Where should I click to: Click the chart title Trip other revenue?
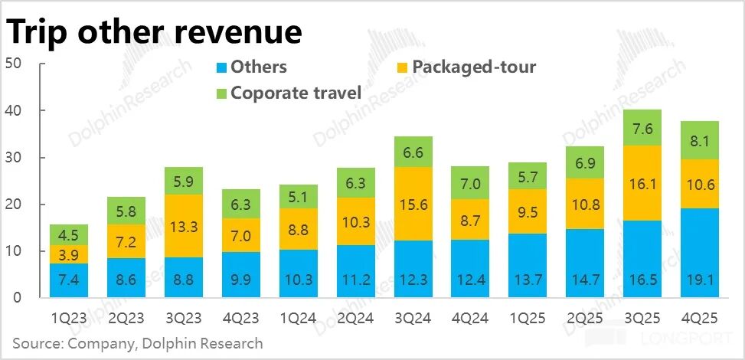tap(154, 31)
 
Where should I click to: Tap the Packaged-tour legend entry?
tap(473, 67)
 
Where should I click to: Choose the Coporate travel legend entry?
tap(295, 93)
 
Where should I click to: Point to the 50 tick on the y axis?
tap(12, 64)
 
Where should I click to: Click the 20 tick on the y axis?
tap(12, 205)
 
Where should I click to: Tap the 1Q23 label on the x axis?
tap(68, 316)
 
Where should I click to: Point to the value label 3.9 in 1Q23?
tap(68, 254)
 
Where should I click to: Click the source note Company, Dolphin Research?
tap(138, 343)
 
